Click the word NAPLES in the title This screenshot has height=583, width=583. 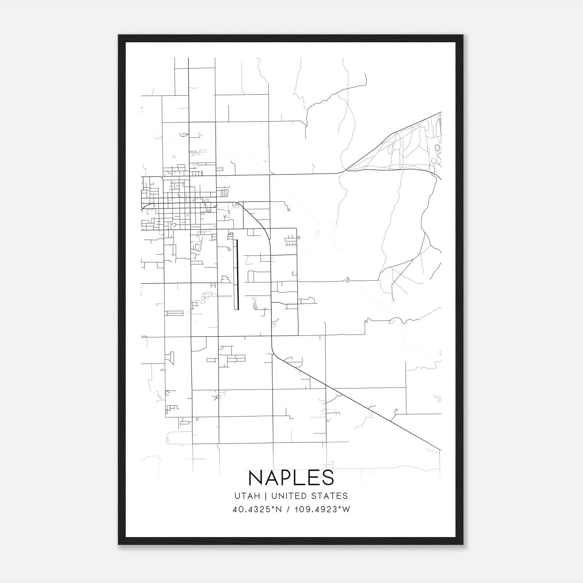tap(291, 478)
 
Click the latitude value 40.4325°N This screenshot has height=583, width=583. tap(257, 509)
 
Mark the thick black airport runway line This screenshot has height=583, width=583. tap(236, 274)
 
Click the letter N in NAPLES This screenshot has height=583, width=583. tap(255, 478)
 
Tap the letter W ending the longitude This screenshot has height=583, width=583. tap(346, 509)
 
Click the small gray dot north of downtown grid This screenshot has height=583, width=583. tap(174, 156)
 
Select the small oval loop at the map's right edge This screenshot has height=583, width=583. tap(438, 148)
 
